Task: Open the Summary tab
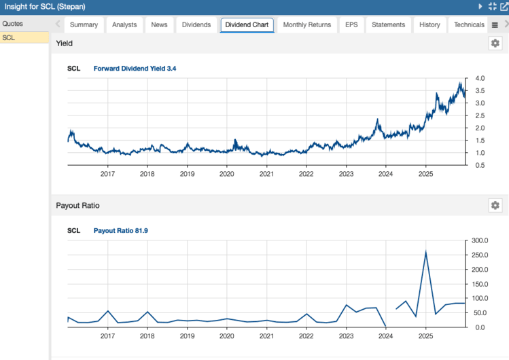[84, 25]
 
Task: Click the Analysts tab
[124, 25]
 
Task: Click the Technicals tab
[469, 25]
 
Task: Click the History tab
[429, 25]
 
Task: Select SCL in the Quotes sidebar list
[9, 37]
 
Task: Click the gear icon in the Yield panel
[495, 43]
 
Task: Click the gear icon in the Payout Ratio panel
[495, 205]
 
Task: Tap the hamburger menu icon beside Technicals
[495, 25]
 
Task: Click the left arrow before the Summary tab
[58, 25]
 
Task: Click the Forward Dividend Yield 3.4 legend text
[135, 69]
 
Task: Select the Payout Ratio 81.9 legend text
[120, 231]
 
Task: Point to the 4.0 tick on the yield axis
[480, 79]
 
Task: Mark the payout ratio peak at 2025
[425, 252]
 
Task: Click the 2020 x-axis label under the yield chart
[227, 174]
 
